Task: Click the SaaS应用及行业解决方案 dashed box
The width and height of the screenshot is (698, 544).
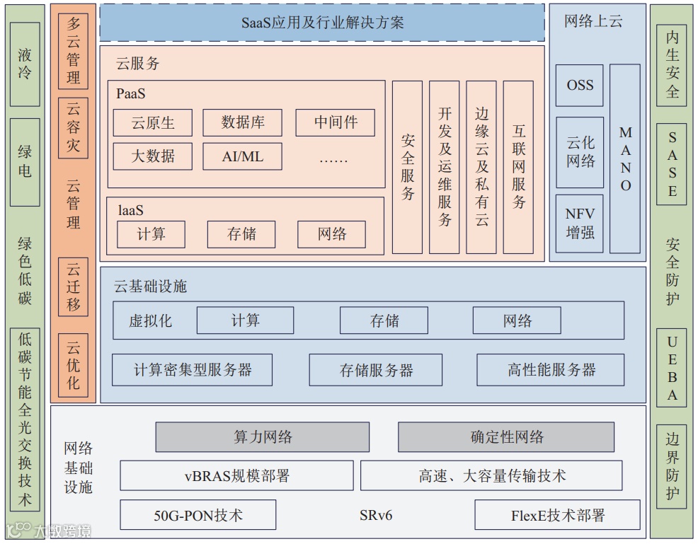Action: (x=322, y=23)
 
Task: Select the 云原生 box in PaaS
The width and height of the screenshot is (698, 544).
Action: (x=153, y=122)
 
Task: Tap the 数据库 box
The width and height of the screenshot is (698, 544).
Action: (x=243, y=122)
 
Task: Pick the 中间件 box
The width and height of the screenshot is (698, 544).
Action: (x=335, y=122)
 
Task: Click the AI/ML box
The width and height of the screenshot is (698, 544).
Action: (x=243, y=156)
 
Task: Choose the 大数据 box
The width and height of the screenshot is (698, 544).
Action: (x=153, y=156)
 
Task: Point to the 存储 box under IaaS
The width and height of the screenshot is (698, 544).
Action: (x=242, y=234)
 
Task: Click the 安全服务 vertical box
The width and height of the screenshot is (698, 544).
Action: (x=407, y=167)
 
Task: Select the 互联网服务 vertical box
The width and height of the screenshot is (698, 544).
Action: (x=518, y=167)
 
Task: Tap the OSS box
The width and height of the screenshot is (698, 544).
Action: (x=580, y=85)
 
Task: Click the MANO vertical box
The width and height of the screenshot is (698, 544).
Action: (x=625, y=158)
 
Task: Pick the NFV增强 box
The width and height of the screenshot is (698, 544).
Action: (x=580, y=223)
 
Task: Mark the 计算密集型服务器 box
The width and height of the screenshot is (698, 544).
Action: (x=193, y=370)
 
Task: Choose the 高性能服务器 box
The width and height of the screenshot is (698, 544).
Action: (x=551, y=370)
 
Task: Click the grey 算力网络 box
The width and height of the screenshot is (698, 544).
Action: (x=263, y=437)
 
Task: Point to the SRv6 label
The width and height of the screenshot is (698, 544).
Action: (x=375, y=515)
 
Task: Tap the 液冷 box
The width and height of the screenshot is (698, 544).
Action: (x=25, y=64)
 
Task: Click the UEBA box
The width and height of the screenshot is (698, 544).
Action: (x=672, y=368)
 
